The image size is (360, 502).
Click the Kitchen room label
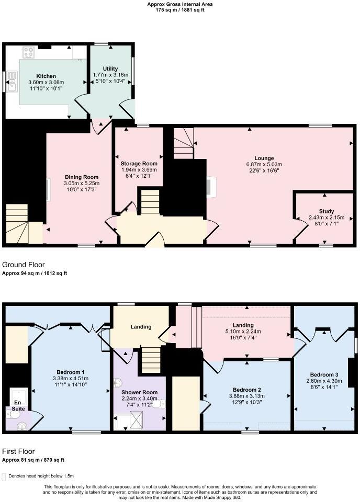[46, 76]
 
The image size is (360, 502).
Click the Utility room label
[110, 69]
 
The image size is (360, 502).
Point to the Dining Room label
[81, 177]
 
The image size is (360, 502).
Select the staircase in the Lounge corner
[183, 143]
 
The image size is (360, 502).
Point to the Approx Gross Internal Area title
[180, 4]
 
